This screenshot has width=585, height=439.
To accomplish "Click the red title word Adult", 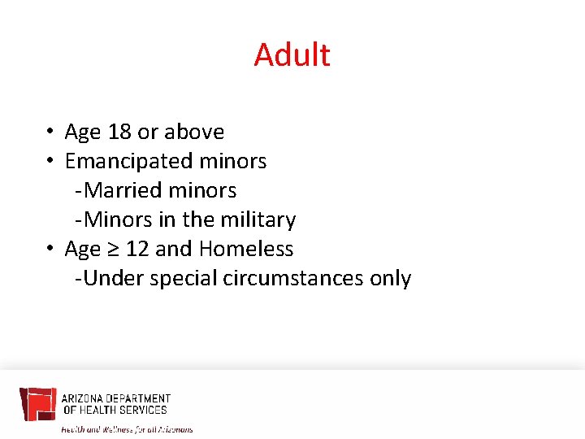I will coord(292,55).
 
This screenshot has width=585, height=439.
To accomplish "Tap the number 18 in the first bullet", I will coord(119,132).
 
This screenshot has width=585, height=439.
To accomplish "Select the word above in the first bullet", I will coord(194,132).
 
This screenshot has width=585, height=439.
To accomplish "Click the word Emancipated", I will coord(128,162).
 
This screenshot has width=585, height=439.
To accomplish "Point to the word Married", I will coord(119,190).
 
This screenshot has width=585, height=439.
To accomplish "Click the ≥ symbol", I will coord(114,250).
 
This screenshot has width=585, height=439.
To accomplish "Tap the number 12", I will coord(137,249).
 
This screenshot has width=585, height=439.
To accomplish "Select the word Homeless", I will coord(246,249).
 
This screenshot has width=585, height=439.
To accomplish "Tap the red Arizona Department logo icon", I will coord(37,404).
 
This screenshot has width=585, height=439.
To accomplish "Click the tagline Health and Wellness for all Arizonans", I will coord(128,428).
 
